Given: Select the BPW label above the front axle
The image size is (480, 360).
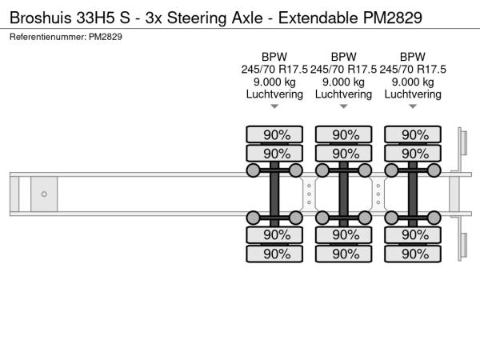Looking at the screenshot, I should coord(274,57).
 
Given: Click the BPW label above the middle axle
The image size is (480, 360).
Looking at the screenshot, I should coord(343,57).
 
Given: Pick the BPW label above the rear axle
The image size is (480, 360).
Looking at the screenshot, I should coord(412,57).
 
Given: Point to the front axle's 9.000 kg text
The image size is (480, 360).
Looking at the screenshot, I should coord(274,82).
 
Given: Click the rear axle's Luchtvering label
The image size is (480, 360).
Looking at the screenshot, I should coord(412,94).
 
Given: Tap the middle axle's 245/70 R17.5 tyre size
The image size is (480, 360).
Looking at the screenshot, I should coord(343,70).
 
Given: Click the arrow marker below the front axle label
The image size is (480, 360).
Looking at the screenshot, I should coord(274,106).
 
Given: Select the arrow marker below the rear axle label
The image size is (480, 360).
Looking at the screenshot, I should coord(412,106).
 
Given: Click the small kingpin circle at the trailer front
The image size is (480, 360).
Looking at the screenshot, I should coord(44,194).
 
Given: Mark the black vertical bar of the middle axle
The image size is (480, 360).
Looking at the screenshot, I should coord(345,194).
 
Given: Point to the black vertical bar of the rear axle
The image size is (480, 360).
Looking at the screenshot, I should coord(414,194).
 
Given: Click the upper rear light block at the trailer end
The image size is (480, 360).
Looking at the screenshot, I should coord(462,145).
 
